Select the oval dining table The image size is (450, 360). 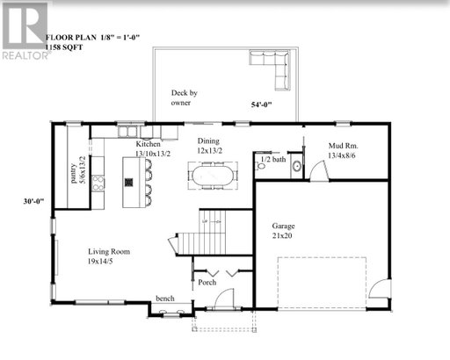(x=213, y=176)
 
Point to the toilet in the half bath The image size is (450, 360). (x=261, y=166)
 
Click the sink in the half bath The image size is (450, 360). (x=297, y=166)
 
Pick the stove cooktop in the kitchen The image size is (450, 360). (x=98, y=184)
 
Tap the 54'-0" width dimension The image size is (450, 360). (x=261, y=104)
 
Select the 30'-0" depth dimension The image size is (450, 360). (x=33, y=201)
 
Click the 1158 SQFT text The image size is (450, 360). (x=64, y=47)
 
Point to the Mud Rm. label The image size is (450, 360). (x=343, y=146)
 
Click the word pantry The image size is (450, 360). (x=74, y=174)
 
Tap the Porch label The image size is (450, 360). (x=207, y=283)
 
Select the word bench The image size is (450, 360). (x=165, y=299)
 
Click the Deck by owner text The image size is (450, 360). (x=184, y=97)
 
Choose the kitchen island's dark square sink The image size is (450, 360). (x=128, y=183)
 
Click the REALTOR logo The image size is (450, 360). (x=25, y=31)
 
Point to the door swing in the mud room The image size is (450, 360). (x=319, y=171)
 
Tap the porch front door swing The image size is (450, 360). (x=224, y=299)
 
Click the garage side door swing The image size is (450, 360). (x=379, y=288)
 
